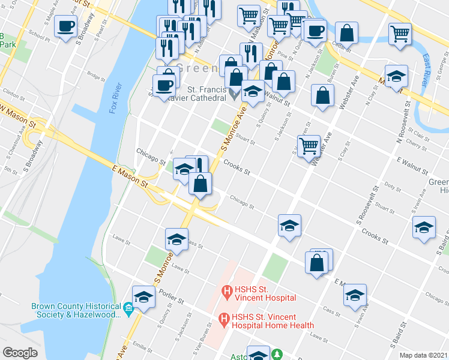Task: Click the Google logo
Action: tap(20, 353)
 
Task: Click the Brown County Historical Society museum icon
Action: tap(127, 310)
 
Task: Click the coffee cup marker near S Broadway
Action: tap(66, 26)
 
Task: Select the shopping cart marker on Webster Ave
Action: tap(308, 145)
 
